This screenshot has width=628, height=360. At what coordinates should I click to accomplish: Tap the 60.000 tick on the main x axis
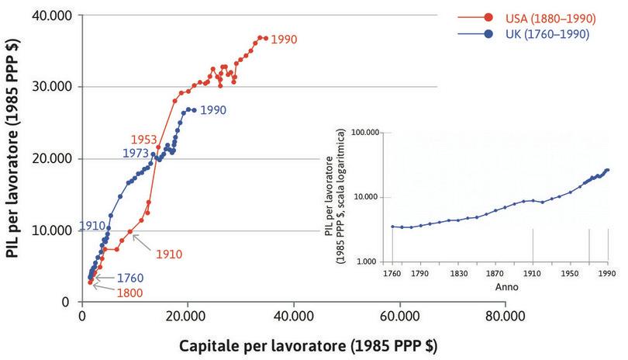(x=400, y=317)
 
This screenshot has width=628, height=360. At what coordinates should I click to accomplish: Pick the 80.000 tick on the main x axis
(x=506, y=317)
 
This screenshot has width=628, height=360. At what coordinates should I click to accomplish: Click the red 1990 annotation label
(x=284, y=39)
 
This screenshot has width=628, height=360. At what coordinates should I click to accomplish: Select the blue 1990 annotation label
(x=213, y=111)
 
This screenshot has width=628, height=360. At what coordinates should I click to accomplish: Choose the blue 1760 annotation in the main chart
(x=130, y=277)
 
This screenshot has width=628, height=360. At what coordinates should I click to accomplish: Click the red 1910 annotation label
(x=168, y=254)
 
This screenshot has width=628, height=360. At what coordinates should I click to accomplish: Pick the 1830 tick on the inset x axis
(x=458, y=274)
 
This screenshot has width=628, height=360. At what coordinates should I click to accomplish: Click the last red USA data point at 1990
(x=265, y=38)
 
